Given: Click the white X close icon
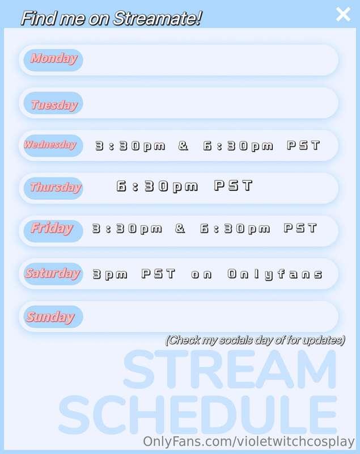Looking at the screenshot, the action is pos(343,14).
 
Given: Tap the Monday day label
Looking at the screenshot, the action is pos(54,58).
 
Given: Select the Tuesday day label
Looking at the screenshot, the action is pos(54,104).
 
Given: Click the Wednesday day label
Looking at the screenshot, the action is pos(50,144).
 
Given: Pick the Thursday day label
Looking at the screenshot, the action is pos(56,187).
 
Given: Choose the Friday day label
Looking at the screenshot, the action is pos(52,228).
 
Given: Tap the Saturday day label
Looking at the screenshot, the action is pos(53,273).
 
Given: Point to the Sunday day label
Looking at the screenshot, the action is pos(50,317).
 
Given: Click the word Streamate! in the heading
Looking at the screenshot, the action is pos(157,18).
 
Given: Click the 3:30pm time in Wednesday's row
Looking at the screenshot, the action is pos(130,146).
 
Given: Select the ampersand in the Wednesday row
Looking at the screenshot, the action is pos(183,145).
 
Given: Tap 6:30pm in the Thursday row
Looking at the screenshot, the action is pos(157,187).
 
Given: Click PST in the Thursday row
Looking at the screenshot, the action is pos(233,186).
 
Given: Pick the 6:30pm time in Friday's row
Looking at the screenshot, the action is pos(235,229).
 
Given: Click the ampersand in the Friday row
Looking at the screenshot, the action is pos(180,228).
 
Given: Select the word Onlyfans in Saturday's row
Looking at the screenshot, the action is pos(275,275).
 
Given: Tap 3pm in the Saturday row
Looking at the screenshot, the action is pos(110,275).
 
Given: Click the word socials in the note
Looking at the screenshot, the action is pos(236,340).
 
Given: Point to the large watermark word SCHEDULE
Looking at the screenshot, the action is pos(198,415).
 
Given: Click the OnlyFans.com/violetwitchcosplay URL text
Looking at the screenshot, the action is pos(249,442).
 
